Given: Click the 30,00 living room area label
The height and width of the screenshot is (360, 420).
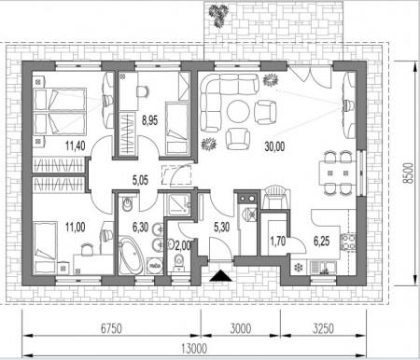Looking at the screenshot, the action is click(x=274, y=145).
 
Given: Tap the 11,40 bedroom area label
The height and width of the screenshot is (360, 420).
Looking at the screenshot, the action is click(x=76, y=145).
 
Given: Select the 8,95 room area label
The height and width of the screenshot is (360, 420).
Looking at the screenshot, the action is click(x=149, y=119).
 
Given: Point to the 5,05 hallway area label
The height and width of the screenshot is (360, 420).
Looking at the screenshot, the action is click(x=140, y=180).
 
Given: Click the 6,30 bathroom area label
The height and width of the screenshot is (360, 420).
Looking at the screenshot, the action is click(x=140, y=228).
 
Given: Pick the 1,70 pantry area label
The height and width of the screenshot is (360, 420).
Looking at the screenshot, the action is click(x=277, y=241).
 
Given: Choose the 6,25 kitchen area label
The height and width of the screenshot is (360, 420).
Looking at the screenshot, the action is click(x=321, y=241).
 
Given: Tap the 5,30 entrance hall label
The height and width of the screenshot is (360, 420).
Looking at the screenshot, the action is click(x=222, y=228).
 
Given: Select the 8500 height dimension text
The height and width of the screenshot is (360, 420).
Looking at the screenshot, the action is click(x=408, y=173).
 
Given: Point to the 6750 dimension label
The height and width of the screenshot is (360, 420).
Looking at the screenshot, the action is click(x=111, y=328).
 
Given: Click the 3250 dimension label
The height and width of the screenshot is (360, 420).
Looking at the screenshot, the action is click(x=323, y=328).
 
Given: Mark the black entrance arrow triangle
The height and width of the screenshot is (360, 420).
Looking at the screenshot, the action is click(x=220, y=276).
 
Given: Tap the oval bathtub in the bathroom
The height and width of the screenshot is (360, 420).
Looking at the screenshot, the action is click(x=132, y=256).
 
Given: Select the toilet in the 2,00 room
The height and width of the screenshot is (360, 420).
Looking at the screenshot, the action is click(x=178, y=261).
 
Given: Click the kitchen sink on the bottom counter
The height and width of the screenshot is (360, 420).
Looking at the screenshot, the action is click(x=323, y=268).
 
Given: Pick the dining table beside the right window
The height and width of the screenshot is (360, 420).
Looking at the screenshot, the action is click(x=337, y=173).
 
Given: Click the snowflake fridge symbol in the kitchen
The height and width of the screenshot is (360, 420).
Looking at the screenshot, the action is click(x=299, y=268).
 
